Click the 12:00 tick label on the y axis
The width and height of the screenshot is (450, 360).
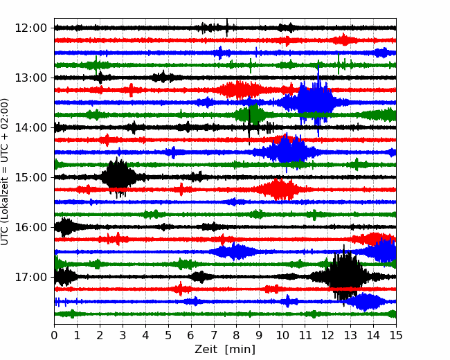(30, 28)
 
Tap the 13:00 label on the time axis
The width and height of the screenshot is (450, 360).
(30, 78)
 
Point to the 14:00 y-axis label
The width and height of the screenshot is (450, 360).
(30, 127)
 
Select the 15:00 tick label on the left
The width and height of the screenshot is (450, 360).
(30, 177)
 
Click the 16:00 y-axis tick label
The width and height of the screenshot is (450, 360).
(30, 227)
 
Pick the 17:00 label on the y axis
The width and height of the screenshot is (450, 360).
(30, 277)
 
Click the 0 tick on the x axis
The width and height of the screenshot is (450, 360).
(54, 335)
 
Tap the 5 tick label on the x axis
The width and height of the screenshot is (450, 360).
(168, 335)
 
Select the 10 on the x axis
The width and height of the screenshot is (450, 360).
(282, 335)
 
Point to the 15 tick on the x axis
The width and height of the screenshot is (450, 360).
(396, 335)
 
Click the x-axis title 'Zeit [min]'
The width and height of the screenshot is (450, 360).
(225, 350)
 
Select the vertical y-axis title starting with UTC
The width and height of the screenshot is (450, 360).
(4, 172)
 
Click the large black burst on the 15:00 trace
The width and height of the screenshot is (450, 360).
(118, 177)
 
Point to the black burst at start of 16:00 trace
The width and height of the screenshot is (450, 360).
(66, 227)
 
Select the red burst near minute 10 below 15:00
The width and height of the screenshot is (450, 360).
(280, 190)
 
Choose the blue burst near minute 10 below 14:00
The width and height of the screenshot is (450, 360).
(287, 152)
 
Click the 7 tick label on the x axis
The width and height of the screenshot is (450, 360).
(214, 335)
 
